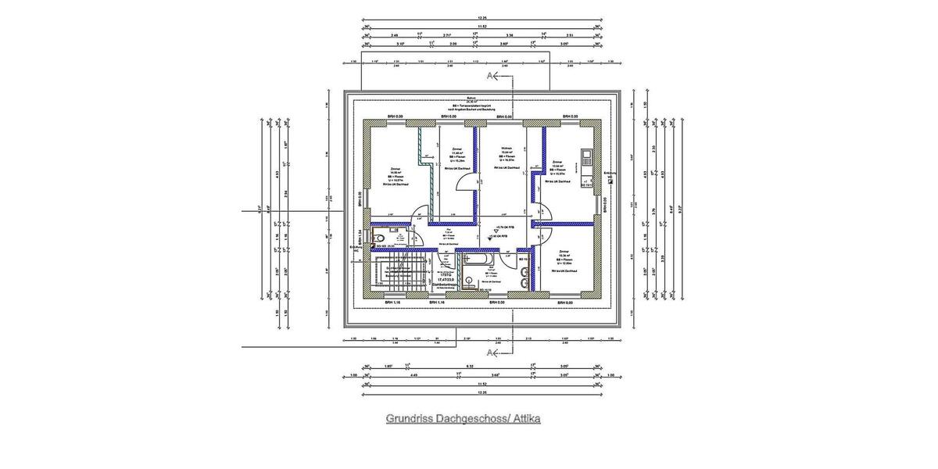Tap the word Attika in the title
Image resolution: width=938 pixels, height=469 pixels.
click(x=524, y=419)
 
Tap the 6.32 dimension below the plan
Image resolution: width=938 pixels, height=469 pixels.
click(x=471, y=366)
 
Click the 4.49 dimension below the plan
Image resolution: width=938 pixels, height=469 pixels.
click(x=414, y=374)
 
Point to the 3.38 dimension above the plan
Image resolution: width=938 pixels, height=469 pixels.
click(x=510, y=36)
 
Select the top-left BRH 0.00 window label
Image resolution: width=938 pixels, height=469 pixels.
click(x=394, y=117)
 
